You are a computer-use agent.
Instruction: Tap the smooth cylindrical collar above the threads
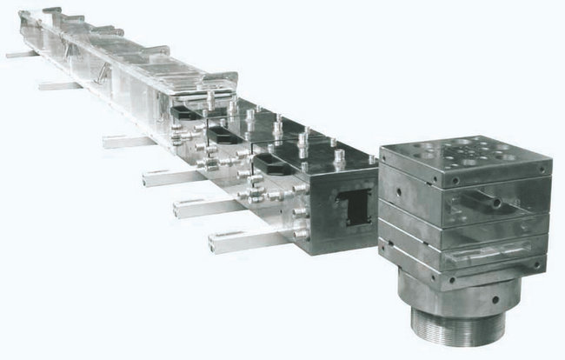point(452,291)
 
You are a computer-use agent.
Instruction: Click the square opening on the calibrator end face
point(356,208)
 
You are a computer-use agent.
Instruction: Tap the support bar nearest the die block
point(234,241)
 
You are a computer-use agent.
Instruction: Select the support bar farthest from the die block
point(21,54)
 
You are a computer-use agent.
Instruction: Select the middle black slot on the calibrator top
point(226,136)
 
